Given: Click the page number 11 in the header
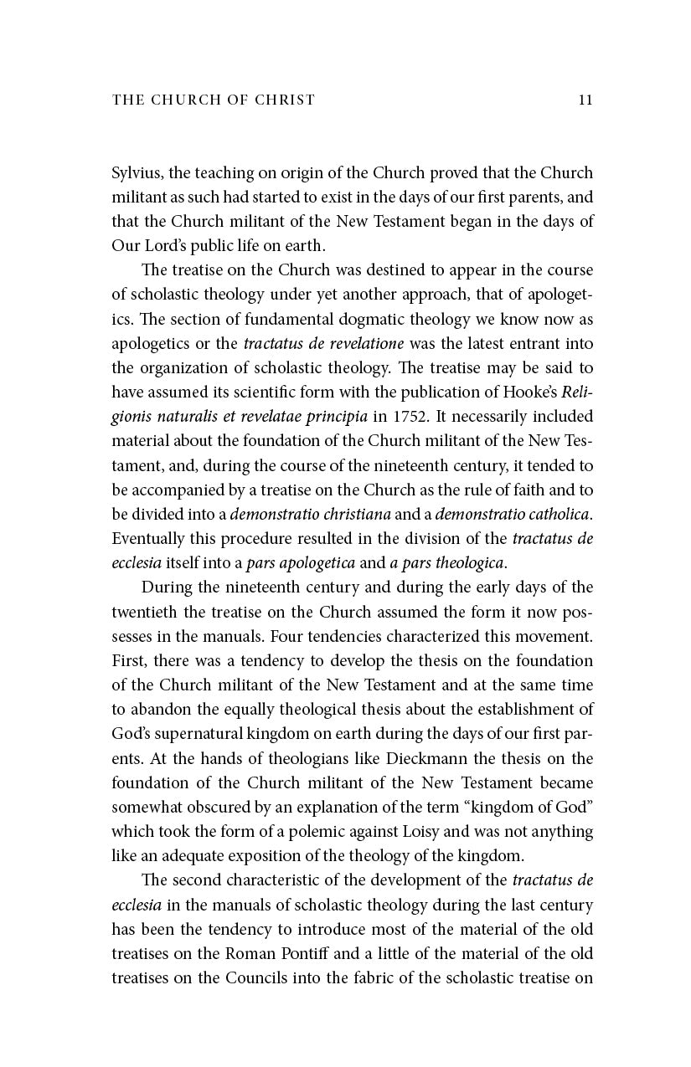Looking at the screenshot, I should pos(585,100).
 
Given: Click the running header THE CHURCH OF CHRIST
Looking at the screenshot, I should pos(214,100).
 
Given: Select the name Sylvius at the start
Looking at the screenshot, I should pos(137,173).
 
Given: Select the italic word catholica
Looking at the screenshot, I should pos(554,514).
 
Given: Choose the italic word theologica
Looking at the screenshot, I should pos(464,562).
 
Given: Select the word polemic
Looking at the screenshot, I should pos(351,832).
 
